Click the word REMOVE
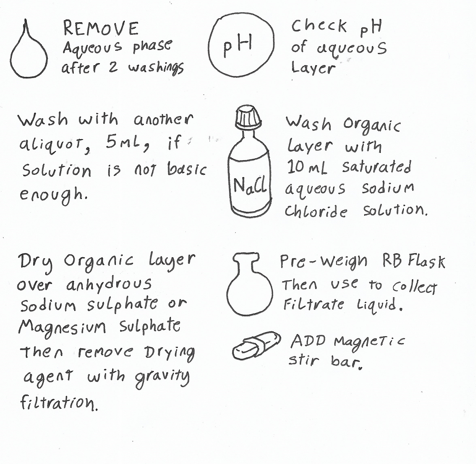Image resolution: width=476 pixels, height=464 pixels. (101, 29)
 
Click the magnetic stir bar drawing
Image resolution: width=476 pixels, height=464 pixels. (256, 346)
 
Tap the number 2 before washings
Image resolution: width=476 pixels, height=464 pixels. (113, 67)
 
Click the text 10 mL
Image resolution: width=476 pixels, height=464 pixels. (307, 167)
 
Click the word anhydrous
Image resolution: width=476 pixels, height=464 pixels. (109, 284)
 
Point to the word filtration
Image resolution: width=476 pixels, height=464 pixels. (59, 402)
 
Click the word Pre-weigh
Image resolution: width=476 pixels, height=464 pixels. (324, 261)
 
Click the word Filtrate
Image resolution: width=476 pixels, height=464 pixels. (313, 304)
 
